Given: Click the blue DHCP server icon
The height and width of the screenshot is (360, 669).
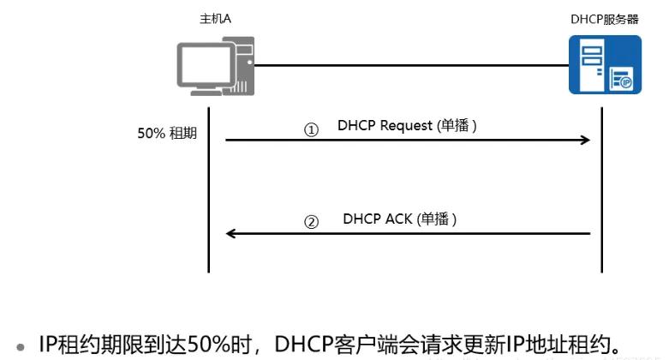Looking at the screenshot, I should tap(606, 65).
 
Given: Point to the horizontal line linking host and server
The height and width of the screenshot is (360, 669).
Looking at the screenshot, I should tap(411, 64).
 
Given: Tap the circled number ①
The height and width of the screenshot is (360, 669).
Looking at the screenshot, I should tap(312, 130).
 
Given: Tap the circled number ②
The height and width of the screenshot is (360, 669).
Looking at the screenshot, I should tap(312, 221).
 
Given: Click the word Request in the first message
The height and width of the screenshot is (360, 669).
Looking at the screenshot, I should tap(406, 126).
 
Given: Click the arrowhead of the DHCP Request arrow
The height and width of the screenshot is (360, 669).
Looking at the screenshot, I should tap(588, 139).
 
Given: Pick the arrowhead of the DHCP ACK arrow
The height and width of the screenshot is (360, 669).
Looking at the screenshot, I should tap(230, 232).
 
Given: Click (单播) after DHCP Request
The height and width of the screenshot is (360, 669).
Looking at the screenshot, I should tap(456, 126).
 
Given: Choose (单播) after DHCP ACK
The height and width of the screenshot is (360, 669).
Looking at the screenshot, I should tap(437, 219).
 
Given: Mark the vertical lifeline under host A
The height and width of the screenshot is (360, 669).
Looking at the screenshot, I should tap(209, 189).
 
